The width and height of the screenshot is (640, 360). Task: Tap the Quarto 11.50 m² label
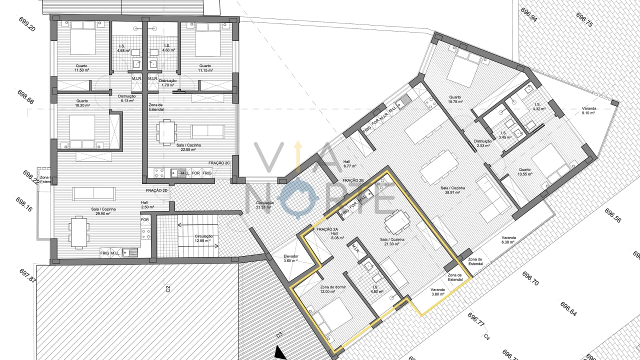coord(81,68)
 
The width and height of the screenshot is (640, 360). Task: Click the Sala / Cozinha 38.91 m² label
coord(453,190)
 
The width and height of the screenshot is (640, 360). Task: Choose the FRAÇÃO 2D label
coord(156,191)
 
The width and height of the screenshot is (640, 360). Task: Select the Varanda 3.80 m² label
coord(437,292)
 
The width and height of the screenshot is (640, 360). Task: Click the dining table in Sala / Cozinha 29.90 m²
coord(77,231)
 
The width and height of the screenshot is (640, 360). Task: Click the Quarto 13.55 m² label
coord(524,172)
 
